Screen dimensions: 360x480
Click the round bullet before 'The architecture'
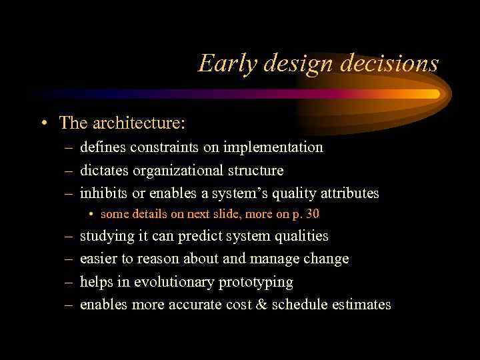pyautogui.click(x=43, y=123)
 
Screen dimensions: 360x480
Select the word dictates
pyautogui.click(x=104, y=171)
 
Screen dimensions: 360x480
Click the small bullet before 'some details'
pyautogui.click(x=91, y=215)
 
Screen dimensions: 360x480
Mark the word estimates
pyautogui.click(x=362, y=305)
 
